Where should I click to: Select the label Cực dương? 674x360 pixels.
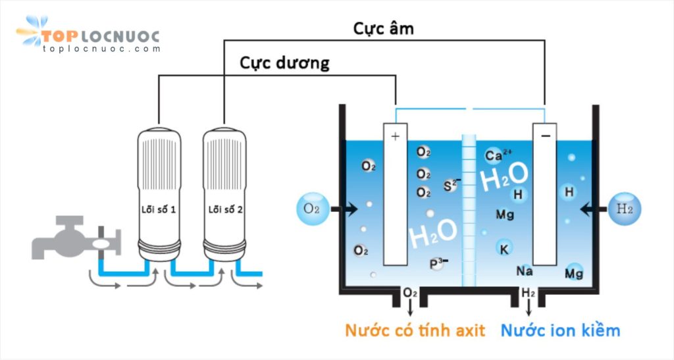[x=284, y=63]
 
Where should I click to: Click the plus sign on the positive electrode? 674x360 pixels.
[x=395, y=136]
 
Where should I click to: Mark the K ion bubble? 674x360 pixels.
[x=504, y=249]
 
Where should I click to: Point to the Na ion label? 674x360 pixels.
[x=525, y=270]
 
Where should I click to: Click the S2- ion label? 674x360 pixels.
[x=452, y=184]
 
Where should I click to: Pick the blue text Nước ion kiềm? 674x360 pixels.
[x=560, y=330]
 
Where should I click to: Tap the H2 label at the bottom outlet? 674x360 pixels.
[x=528, y=292]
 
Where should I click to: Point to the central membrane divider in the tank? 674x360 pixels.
[x=469, y=211]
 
